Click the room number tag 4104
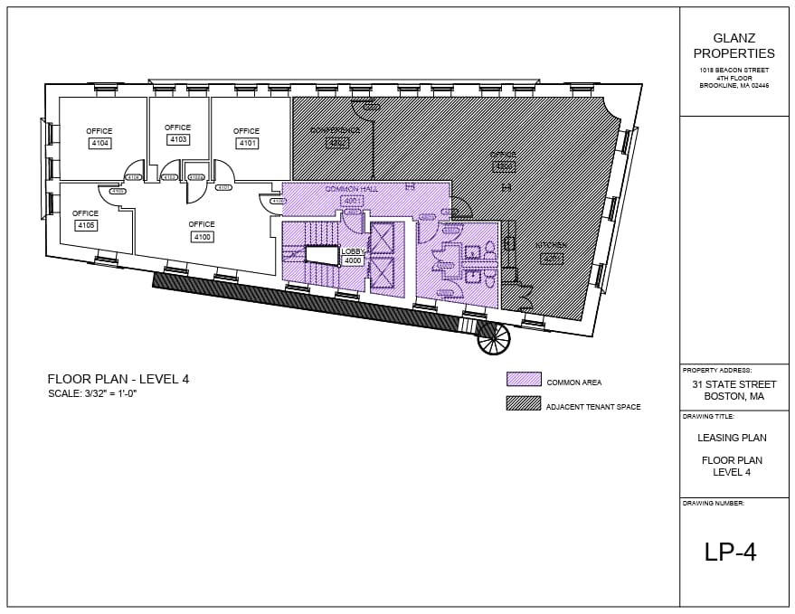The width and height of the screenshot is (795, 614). point(99,144)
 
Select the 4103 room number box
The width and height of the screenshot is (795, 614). point(177,139)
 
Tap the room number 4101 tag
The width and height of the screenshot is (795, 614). point(246,143)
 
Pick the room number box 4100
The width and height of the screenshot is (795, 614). point(202,237)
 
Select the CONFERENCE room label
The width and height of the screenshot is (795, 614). point(336,130)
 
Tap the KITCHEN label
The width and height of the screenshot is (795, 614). point(550,245)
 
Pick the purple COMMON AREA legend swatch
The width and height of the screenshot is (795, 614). point(524,380)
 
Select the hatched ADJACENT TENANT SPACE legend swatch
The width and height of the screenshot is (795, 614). point(524,403)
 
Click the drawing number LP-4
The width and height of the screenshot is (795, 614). point(730,552)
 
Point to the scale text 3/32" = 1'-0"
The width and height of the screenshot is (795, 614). point(99,394)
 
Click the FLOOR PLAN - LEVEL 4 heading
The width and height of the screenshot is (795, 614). point(118,379)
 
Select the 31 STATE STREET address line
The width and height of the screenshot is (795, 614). point(733,385)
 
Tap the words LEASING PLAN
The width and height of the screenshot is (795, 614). point(733,438)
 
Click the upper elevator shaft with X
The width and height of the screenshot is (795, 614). point(383,237)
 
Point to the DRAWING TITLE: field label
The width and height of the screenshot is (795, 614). point(708,417)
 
